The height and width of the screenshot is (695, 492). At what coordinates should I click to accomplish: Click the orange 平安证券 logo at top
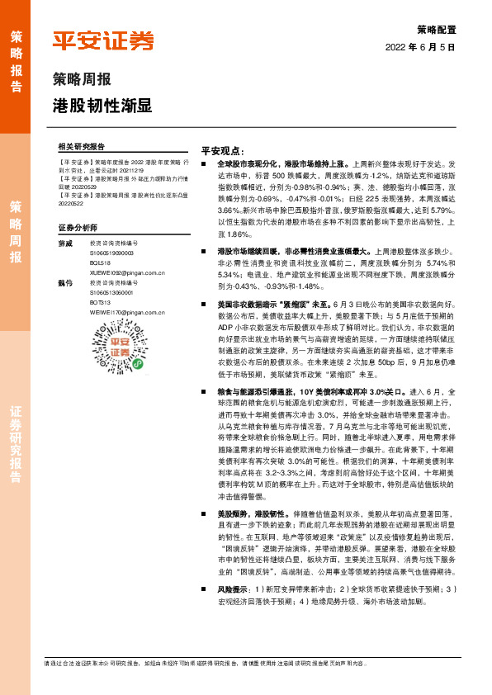(x=102, y=41)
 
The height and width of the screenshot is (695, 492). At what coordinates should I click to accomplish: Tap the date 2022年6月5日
(x=420, y=48)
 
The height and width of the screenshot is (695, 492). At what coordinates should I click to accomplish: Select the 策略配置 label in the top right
(x=436, y=29)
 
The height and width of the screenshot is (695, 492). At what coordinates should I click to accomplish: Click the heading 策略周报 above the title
(x=82, y=80)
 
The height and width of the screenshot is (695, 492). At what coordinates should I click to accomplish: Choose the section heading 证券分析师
(x=78, y=226)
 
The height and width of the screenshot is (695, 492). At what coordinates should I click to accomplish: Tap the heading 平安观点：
(x=223, y=150)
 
